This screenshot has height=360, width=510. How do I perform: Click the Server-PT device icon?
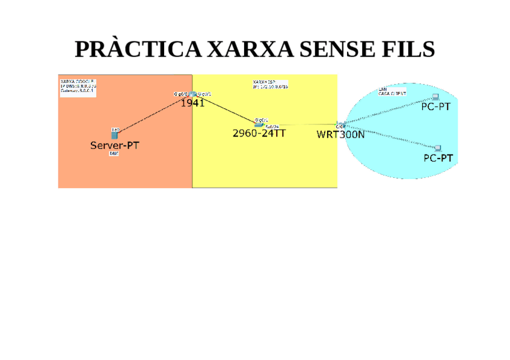(x=114, y=135)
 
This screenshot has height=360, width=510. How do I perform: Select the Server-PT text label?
(x=114, y=145)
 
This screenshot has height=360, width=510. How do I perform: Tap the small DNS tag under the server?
(x=114, y=154)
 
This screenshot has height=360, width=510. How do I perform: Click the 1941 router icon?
(x=192, y=94)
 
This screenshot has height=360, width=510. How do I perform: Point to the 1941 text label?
(x=193, y=103)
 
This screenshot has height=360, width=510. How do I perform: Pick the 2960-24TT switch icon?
(x=259, y=124)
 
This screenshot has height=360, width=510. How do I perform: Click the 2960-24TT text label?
(x=259, y=133)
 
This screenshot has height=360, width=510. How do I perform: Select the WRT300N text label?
(x=341, y=135)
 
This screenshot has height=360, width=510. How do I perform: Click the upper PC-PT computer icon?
(x=436, y=97)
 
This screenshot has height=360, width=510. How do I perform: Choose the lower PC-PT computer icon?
(x=438, y=148)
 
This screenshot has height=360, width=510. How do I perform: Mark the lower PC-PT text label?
(x=438, y=158)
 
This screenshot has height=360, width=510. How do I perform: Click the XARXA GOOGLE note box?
(x=78, y=85)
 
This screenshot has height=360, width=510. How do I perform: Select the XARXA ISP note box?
(x=270, y=84)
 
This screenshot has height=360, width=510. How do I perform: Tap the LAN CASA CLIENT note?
(x=392, y=92)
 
